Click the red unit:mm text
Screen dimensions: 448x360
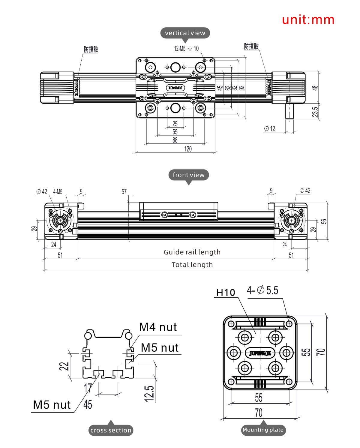click(308, 20)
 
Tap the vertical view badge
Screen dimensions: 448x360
click(185, 33)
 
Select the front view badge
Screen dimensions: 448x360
click(188, 175)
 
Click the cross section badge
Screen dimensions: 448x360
click(111, 430)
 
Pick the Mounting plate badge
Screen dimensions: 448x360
click(263, 430)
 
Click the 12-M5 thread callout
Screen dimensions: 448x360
click(186, 49)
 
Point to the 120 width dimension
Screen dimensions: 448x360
click(188, 149)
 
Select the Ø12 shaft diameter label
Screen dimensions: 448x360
click(269, 129)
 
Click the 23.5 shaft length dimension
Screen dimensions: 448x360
click(315, 112)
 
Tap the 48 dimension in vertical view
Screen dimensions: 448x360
click(315, 88)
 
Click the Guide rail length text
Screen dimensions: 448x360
click(192, 252)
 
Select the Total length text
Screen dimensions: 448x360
click(192, 265)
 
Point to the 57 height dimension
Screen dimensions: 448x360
click(124, 191)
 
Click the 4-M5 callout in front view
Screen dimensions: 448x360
click(58, 191)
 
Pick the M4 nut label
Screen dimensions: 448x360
click(158, 327)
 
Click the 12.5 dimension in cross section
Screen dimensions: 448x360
click(149, 393)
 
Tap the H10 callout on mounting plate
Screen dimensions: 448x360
click(226, 292)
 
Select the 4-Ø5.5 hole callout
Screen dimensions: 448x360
click(262, 290)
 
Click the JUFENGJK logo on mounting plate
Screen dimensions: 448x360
click(260, 353)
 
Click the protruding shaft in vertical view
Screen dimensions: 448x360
click(289, 112)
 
